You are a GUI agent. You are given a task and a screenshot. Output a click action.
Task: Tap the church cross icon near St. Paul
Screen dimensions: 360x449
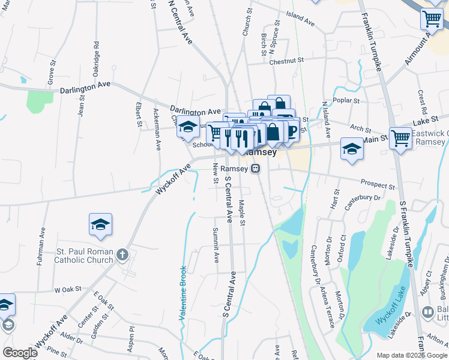(x=122, y=254)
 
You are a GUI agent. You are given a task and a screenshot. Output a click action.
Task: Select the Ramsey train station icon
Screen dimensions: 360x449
(x=256, y=169)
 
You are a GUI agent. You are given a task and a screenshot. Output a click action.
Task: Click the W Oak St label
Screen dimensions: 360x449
(x=67, y=289)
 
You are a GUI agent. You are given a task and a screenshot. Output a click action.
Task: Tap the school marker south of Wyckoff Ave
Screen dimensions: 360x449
(x=101, y=224)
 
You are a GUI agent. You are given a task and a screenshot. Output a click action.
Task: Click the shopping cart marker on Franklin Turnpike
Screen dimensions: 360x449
(x=400, y=137)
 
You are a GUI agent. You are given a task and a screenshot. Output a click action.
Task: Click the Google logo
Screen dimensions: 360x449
(x=20, y=353)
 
